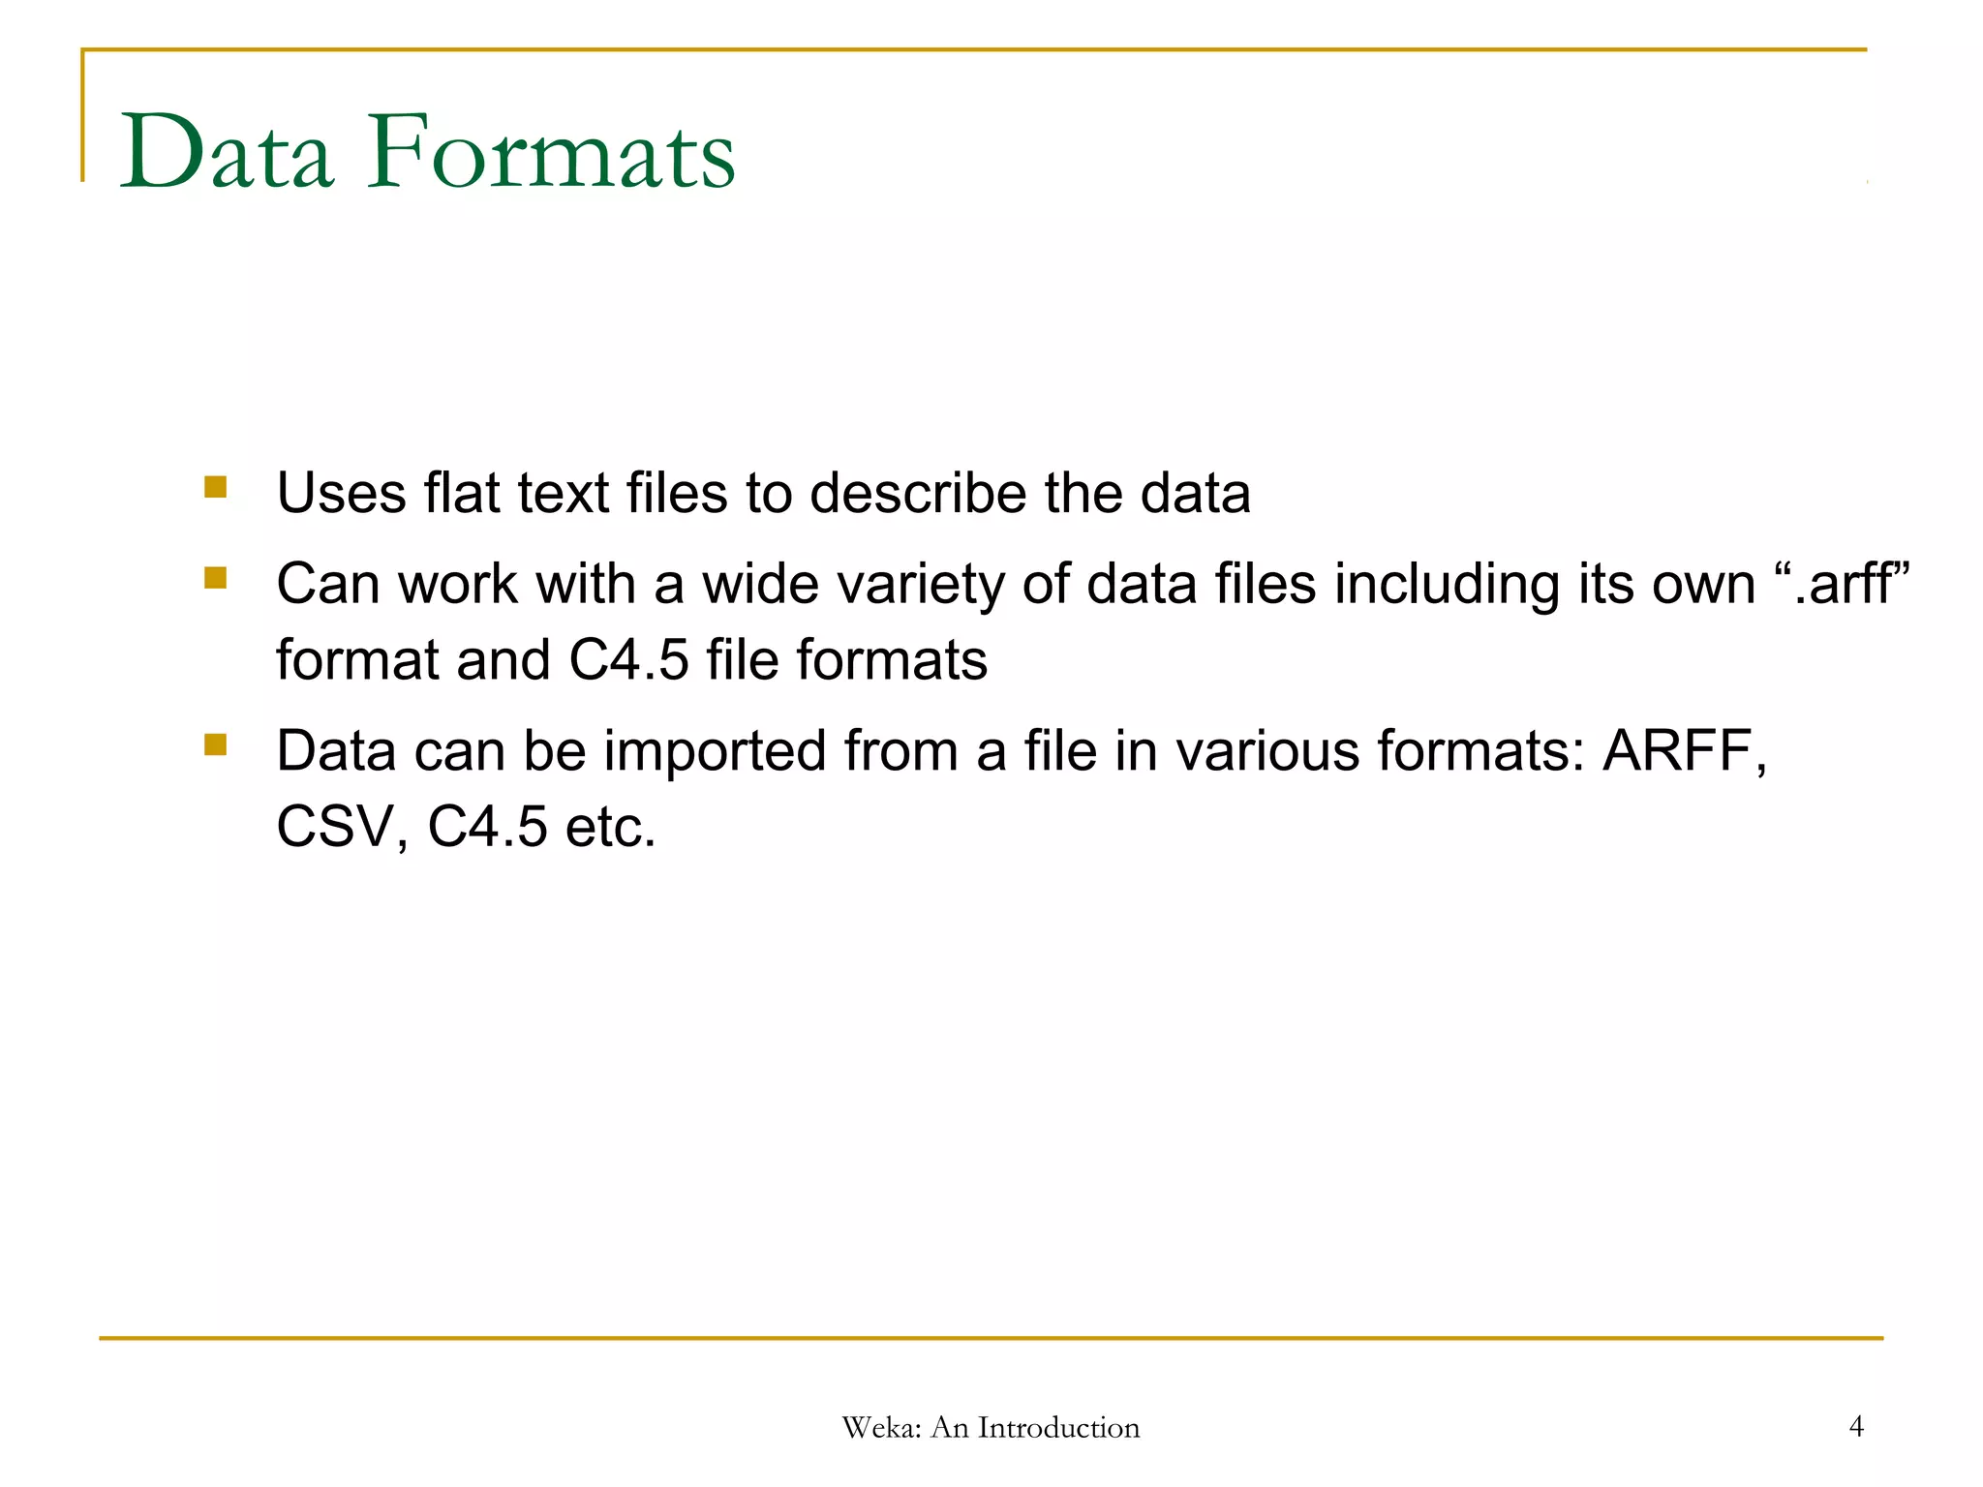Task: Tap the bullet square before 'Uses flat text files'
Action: (x=215, y=486)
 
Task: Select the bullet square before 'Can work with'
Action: (x=215, y=578)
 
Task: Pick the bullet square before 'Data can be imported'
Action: (x=215, y=744)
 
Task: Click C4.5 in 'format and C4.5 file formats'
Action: (x=628, y=660)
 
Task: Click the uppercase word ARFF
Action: (x=1677, y=750)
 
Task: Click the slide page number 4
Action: (x=1856, y=1426)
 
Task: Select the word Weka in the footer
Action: (x=880, y=1428)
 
